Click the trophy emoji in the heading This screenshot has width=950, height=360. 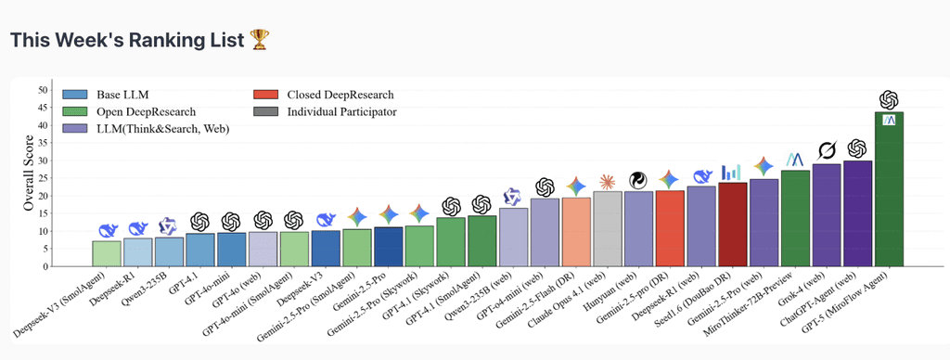pyautogui.click(x=259, y=40)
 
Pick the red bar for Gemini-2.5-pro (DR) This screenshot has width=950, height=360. pyautogui.click(x=669, y=228)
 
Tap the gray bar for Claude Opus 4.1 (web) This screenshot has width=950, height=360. pyautogui.click(x=607, y=228)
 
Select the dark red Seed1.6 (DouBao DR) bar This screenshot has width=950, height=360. pyautogui.click(x=732, y=225)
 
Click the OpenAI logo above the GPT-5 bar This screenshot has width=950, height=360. pyautogui.click(x=889, y=99)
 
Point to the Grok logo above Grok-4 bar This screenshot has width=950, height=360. pyautogui.click(x=827, y=150)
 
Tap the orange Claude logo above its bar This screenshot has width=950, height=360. pyautogui.click(x=607, y=180)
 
